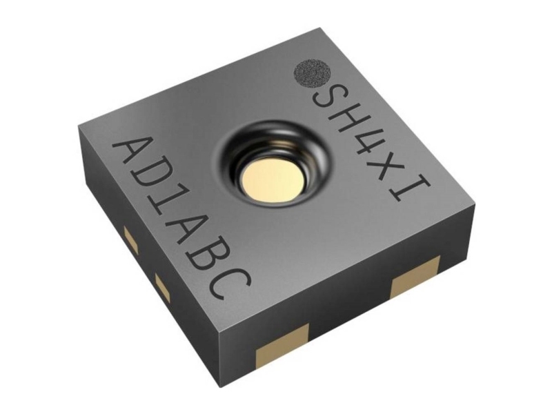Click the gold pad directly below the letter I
pos(415,275)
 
